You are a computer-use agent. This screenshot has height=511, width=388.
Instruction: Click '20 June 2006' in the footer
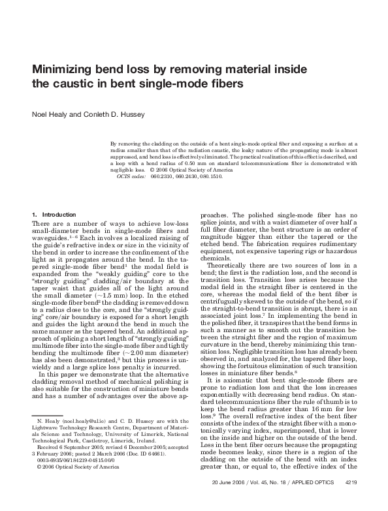(229, 501)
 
